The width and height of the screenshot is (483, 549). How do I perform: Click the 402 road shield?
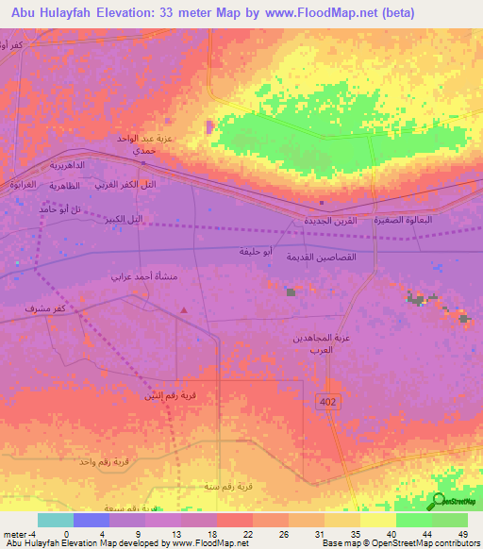click(x=326, y=403)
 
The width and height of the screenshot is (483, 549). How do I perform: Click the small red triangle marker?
click(x=184, y=309)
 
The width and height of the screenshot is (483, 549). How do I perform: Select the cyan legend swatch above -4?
click(x=55, y=520)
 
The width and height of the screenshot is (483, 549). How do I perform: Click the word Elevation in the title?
click(x=142, y=13)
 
